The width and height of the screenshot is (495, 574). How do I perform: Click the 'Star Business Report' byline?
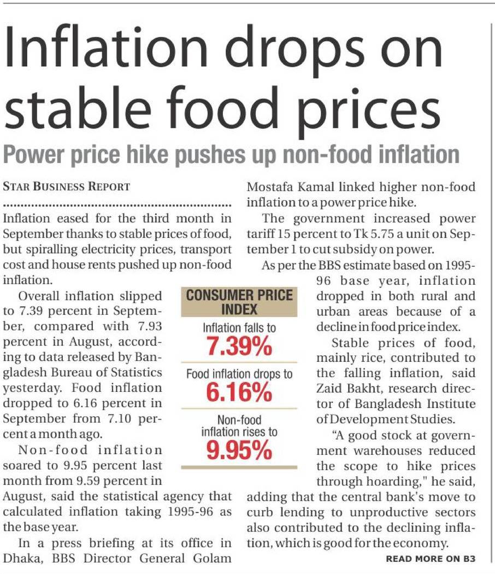[x=67, y=186]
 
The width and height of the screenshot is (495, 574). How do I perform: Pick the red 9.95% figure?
[x=239, y=449]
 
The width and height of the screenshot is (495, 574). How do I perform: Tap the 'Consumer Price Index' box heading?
[x=239, y=302]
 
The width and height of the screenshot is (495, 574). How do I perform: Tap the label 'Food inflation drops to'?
[x=239, y=375]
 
